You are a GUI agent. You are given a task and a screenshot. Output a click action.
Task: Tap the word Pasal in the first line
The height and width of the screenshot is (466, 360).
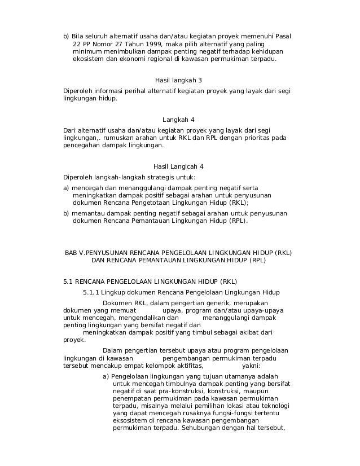pyautogui.click(x=282, y=37)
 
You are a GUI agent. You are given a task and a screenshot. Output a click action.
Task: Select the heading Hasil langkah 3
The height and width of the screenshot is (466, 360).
pyautogui.click(x=178, y=80)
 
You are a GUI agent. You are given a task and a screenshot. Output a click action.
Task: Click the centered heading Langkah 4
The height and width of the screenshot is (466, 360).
pyautogui.click(x=178, y=120)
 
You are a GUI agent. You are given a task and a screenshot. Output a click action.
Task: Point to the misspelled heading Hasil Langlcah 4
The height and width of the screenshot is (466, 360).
pyautogui.click(x=178, y=166)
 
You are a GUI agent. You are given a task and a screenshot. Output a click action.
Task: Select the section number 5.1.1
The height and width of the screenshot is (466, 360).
pyautogui.click(x=92, y=292)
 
